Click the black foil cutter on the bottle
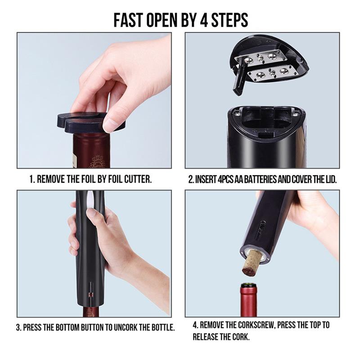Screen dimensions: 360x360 coord(92,122)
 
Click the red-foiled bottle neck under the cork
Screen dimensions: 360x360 coord(249,300)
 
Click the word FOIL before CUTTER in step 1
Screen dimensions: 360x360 coord(111,179)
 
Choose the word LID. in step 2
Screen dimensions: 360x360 coord(330,180)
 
